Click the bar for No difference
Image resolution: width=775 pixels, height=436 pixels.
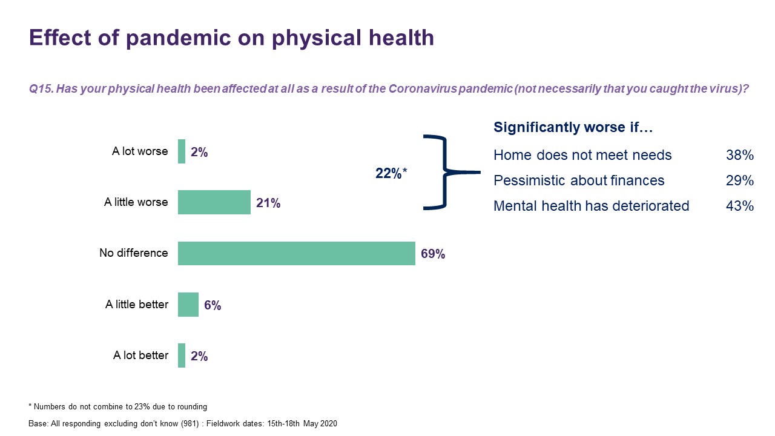(296, 253)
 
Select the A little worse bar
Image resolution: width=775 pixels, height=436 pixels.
(214, 202)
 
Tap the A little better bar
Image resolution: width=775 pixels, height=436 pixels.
(188, 305)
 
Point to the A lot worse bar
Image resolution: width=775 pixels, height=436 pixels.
(182, 151)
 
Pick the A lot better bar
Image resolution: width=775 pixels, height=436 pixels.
(182, 355)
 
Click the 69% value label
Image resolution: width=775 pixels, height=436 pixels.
(433, 254)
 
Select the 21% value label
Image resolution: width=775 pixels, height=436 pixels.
(268, 203)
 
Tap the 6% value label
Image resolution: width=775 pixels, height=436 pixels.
(213, 306)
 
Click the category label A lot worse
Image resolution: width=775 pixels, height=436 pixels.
(140, 151)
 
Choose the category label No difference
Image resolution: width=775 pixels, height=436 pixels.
(133, 253)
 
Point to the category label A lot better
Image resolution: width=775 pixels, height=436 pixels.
(140, 355)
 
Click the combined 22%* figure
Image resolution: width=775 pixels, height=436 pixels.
(391, 174)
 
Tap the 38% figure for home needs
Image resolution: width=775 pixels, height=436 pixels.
(739, 156)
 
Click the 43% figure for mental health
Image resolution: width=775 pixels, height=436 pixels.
(739, 206)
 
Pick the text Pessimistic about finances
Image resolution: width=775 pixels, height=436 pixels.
(579, 181)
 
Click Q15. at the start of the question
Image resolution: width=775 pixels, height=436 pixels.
(41, 88)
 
